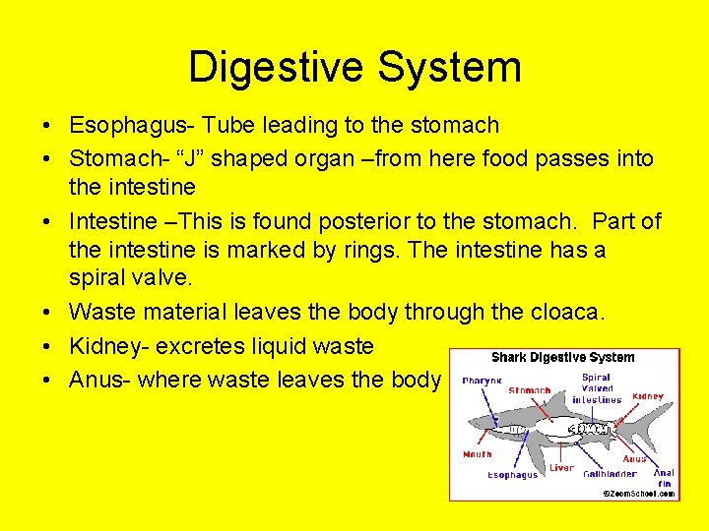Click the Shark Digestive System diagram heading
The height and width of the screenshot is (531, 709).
[x=562, y=358]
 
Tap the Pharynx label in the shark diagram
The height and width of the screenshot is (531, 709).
[x=483, y=381]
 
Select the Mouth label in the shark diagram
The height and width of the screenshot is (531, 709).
[x=477, y=454]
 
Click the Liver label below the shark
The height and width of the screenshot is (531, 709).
[x=561, y=468]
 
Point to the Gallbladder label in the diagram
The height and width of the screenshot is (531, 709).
[x=610, y=473]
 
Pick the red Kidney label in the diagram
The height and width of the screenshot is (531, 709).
[x=648, y=396]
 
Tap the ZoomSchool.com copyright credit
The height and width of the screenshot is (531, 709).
[x=639, y=494]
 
